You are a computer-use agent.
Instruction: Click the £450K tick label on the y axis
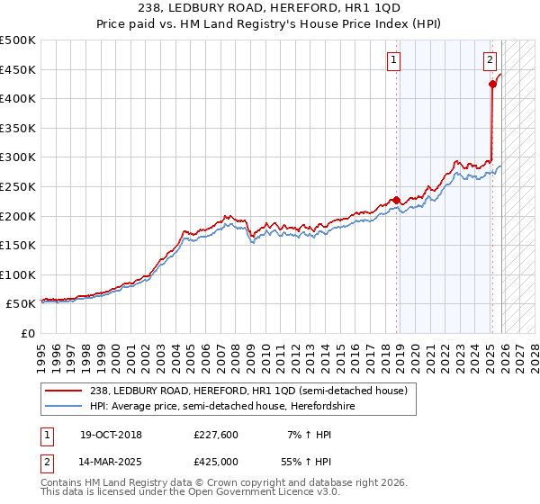(x=18, y=69)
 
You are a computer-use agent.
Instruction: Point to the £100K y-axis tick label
(x=18, y=274)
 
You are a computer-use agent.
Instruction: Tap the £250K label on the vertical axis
(x=18, y=186)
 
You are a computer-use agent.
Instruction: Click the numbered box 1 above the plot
(x=394, y=60)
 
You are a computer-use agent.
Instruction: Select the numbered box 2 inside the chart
(x=490, y=60)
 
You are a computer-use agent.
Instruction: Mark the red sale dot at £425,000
(x=493, y=85)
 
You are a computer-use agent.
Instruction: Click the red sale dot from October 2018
(x=396, y=200)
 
